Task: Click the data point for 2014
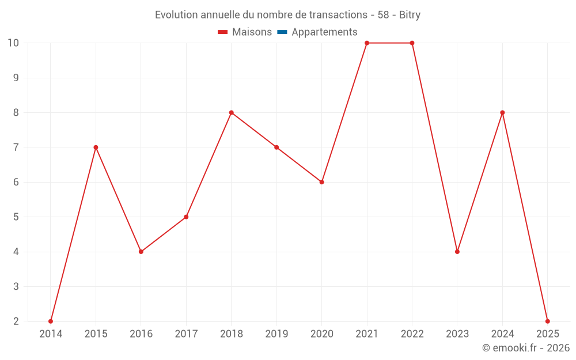click(51, 321)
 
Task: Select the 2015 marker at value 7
click(96, 147)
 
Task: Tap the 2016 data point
click(141, 252)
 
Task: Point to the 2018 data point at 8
click(232, 112)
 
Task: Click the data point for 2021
click(367, 43)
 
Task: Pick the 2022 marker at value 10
click(412, 43)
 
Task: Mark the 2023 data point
click(457, 252)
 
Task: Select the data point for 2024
click(502, 112)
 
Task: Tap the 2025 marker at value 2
click(548, 321)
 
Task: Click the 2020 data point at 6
click(322, 182)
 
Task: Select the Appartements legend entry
click(324, 32)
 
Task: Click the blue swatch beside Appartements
click(282, 32)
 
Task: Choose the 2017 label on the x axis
click(186, 334)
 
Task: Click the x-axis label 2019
click(276, 334)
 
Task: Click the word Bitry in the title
click(410, 15)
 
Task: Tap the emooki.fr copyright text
click(526, 348)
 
